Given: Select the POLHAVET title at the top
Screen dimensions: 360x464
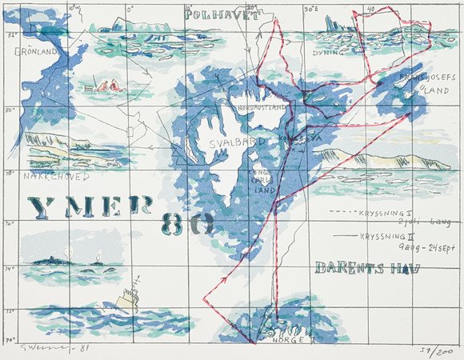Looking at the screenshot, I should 222,14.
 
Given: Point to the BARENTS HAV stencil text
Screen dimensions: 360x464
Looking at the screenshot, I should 366,267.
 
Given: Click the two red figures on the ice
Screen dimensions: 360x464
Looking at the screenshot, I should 108,84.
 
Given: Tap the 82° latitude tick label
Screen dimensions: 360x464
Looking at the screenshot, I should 11,36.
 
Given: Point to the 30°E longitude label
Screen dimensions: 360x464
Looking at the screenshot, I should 312,10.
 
